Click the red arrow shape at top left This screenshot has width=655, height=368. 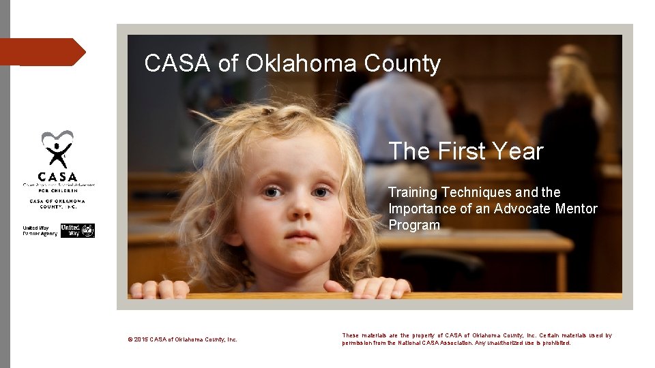(x=42, y=52)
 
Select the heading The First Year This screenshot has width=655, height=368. (x=465, y=151)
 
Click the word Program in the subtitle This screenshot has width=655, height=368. (x=414, y=225)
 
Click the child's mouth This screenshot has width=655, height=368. (x=300, y=235)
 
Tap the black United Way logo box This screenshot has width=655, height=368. (x=78, y=230)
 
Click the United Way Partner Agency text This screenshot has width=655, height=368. (x=40, y=231)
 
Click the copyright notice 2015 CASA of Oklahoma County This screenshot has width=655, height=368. (x=182, y=339)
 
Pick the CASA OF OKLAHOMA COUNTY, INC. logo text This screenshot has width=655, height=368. (x=57, y=204)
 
